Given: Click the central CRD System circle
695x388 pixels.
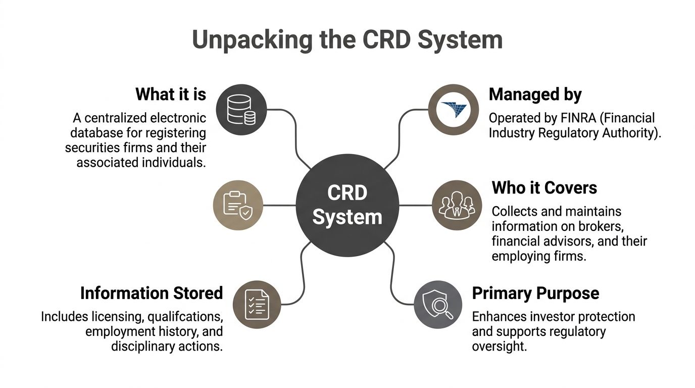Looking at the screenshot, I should point(347,205).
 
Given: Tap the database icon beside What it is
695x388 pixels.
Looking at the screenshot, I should point(241,110).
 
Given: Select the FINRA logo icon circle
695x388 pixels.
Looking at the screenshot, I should point(453,110).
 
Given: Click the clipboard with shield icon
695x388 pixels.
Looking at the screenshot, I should point(238,205).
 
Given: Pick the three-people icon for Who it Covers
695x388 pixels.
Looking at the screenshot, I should point(457,205).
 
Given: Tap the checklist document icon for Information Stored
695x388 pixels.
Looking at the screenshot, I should point(257,305).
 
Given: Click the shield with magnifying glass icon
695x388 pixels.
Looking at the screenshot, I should point(437,305).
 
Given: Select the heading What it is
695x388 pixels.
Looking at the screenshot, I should point(171,94).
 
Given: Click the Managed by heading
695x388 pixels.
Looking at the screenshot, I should point(535,94).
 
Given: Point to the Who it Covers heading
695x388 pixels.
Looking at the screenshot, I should point(544,188).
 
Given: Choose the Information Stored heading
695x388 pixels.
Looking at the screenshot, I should point(152,293).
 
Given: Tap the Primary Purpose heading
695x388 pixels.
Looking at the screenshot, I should point(535,293).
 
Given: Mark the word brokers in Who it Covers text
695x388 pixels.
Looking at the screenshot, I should point(597,226).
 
